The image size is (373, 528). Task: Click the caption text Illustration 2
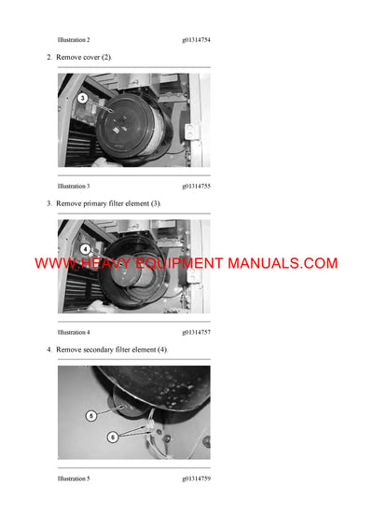coord(74,40)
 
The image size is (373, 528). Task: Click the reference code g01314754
coord(202,40)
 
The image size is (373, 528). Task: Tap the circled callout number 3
coord(82,98)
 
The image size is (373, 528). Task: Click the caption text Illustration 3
coord(74,186)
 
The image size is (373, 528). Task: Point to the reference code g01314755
coord(202,186)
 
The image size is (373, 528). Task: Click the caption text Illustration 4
coord(74,332)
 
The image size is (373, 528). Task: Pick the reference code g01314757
coord(202,332)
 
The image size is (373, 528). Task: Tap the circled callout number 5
coord(90,415)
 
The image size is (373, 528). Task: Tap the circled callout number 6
coord(113,436)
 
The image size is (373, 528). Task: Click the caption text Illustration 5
coord(74,479)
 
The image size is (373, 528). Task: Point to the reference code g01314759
coord(202,479)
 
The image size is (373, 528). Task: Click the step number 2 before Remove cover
coord(48,58)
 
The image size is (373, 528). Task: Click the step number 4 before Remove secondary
coord(48,349)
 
